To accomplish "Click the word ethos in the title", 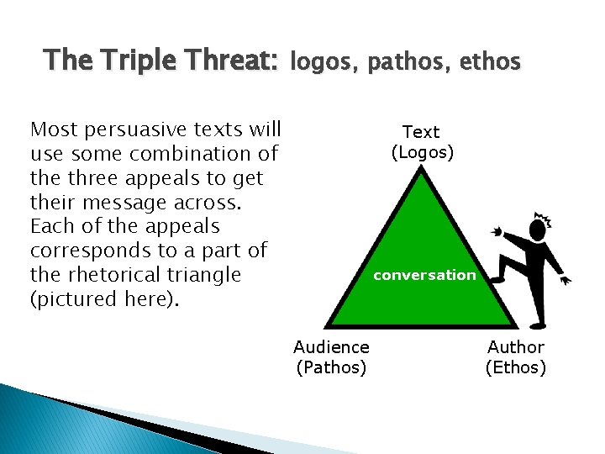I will click(492, 61).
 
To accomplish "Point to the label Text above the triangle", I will click(421, 132).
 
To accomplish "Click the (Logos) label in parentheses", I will click(422, 152).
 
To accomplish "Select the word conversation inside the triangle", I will click(424, 275).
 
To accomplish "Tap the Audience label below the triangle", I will click(331, 346).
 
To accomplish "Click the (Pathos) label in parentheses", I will click(331, 367).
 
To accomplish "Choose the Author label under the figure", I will click(516, 346).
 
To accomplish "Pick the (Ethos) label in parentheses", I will click(516, 367).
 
